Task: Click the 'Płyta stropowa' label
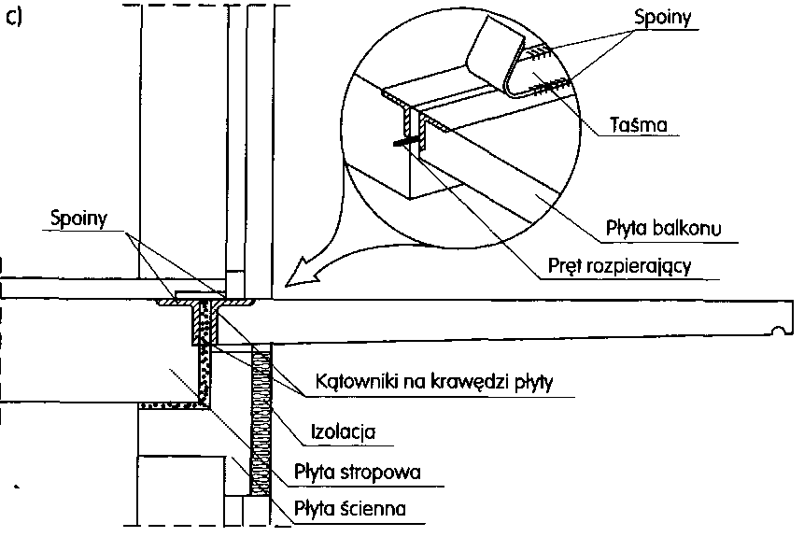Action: [x=356, y=473]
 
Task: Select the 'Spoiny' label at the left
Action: [x=78, y=217]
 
